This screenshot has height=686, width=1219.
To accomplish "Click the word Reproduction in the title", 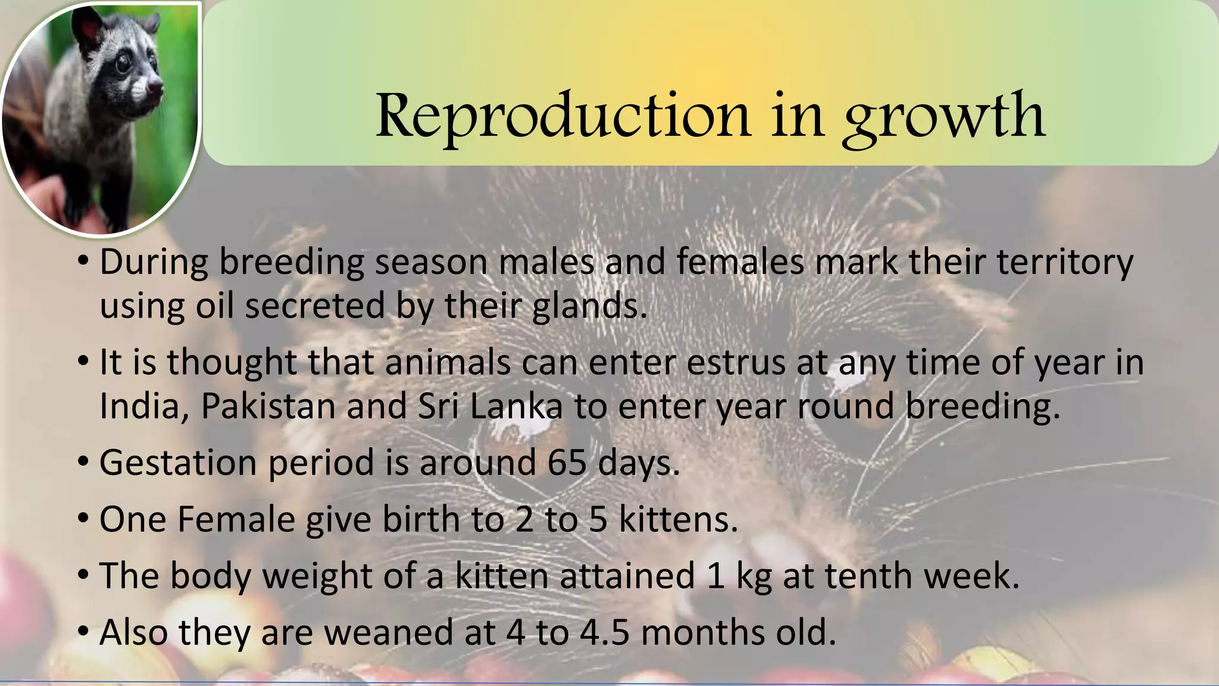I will click(562, 116).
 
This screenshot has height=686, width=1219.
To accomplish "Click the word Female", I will click(236, 519).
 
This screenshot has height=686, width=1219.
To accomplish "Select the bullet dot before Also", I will click(83, 631).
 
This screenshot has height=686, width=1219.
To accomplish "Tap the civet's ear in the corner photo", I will click(87, 24).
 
